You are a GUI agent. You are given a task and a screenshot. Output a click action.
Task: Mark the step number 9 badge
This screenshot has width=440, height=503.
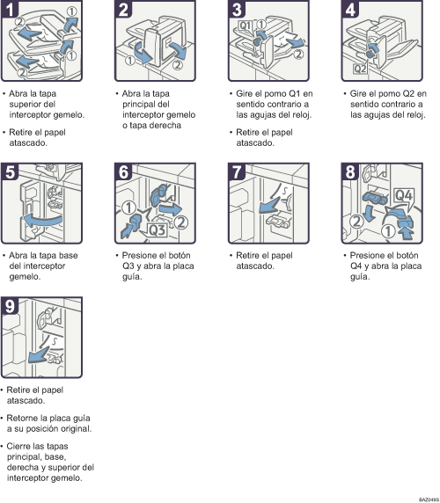(x=12, y=307)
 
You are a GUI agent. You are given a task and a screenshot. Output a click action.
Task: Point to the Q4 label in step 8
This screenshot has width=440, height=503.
(x=405, y=194)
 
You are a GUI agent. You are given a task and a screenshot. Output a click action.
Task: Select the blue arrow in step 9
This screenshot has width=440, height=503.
(x=35, y=355)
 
